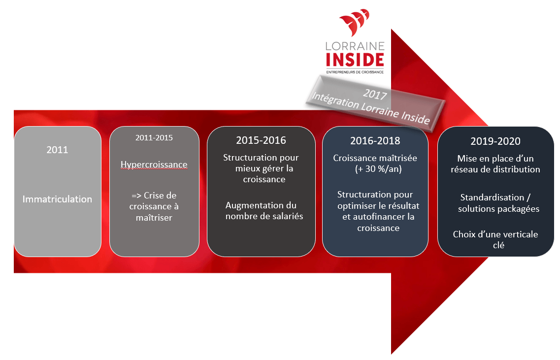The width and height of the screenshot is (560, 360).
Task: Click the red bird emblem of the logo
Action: [x=354, y=22]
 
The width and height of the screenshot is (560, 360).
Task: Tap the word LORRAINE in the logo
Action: [x=355, y=46]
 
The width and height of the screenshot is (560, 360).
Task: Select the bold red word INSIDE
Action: [x=355, y=60]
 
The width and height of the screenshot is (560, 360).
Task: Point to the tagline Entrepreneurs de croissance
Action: [x=355, y=72]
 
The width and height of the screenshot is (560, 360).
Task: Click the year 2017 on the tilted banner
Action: [x=375, y=94]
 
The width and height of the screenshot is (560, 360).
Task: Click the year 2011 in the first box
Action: [x=57, y=150]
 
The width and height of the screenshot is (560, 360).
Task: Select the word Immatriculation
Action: [x=57, y=199]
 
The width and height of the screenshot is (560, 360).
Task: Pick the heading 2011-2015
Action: [x=154, y=138]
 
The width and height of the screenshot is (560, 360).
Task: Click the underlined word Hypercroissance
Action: [x=154, y=164]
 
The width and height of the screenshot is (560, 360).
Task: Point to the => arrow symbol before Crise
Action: [x=136, y=196]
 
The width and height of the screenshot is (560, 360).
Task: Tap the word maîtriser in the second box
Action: [x=154, y=218]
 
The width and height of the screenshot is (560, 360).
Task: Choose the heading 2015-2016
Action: [x=261, y=140]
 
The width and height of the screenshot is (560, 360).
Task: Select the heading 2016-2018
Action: [x=375, y=141]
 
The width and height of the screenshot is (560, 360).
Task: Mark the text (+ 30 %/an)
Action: [x=378, y=169]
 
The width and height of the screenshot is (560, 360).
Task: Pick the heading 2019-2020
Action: [x=495, y=141]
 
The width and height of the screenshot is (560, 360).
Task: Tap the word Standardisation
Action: [x=492, y=197]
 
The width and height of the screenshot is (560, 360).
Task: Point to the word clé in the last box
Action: [x=498, y=245]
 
